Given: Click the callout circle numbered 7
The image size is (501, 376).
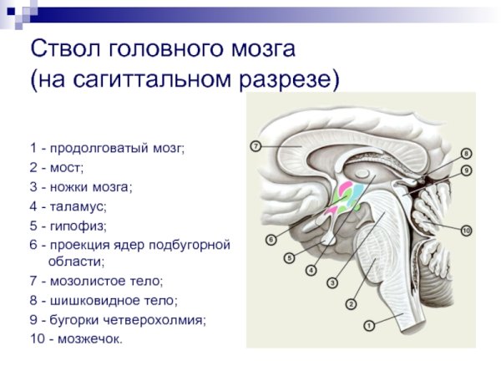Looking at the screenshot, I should click(256, 145).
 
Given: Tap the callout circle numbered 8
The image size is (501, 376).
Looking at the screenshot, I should click(466, 153).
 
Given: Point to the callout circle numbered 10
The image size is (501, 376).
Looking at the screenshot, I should click(466, 230).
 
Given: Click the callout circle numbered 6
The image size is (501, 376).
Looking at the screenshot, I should click(271, 240).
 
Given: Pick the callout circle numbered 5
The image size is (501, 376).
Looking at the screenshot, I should click(289, 258).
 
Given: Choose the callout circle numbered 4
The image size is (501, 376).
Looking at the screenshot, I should click(311, 271).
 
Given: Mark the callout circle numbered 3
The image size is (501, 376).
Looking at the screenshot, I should click(331, 283).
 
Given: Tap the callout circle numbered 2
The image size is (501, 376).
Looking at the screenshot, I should click(352, 304).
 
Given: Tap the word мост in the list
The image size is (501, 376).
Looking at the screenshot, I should click(68, 167).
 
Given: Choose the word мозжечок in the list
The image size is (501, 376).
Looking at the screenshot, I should click(90, 338).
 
